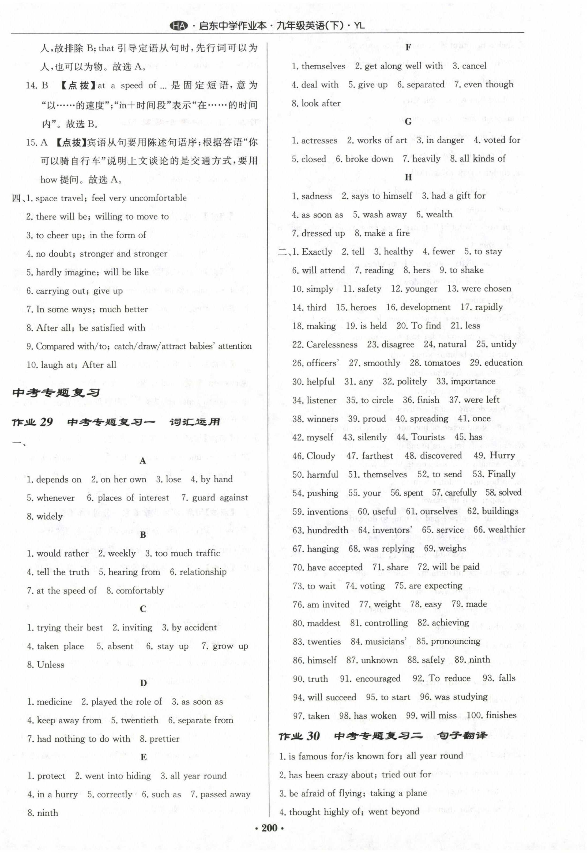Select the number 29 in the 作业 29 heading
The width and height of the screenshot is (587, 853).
[x=46, y=422]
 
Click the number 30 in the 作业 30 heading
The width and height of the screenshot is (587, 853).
[x=313, y=735]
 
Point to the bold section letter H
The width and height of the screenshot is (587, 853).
[x=408, y=178]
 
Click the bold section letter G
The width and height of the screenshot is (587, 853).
[x=408, y=122]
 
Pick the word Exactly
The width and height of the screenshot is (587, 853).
[x=317, y=252]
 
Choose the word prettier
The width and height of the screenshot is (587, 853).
[x=164, y=739]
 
